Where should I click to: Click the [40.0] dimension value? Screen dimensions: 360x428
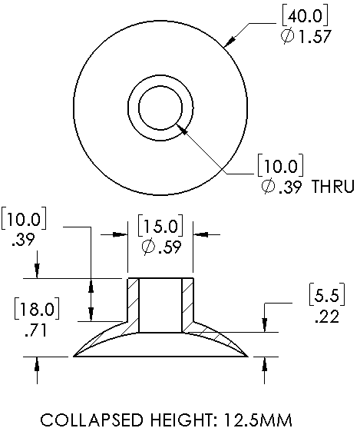click(305, 16)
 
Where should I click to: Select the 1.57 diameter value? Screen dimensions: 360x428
click(315, 36)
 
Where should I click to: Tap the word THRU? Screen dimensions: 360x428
click(333, 187)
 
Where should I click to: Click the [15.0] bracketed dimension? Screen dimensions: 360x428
click(160, 226)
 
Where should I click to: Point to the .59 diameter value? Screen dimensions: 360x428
click(170, 247)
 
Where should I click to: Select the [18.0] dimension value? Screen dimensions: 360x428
click(37, 309)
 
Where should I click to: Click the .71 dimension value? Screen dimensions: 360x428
click(35, 330)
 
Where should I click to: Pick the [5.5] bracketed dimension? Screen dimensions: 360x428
click(327, 295)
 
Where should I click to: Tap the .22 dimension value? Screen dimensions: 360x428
click(327, 317)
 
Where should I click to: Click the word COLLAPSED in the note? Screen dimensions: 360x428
click(92, 420)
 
